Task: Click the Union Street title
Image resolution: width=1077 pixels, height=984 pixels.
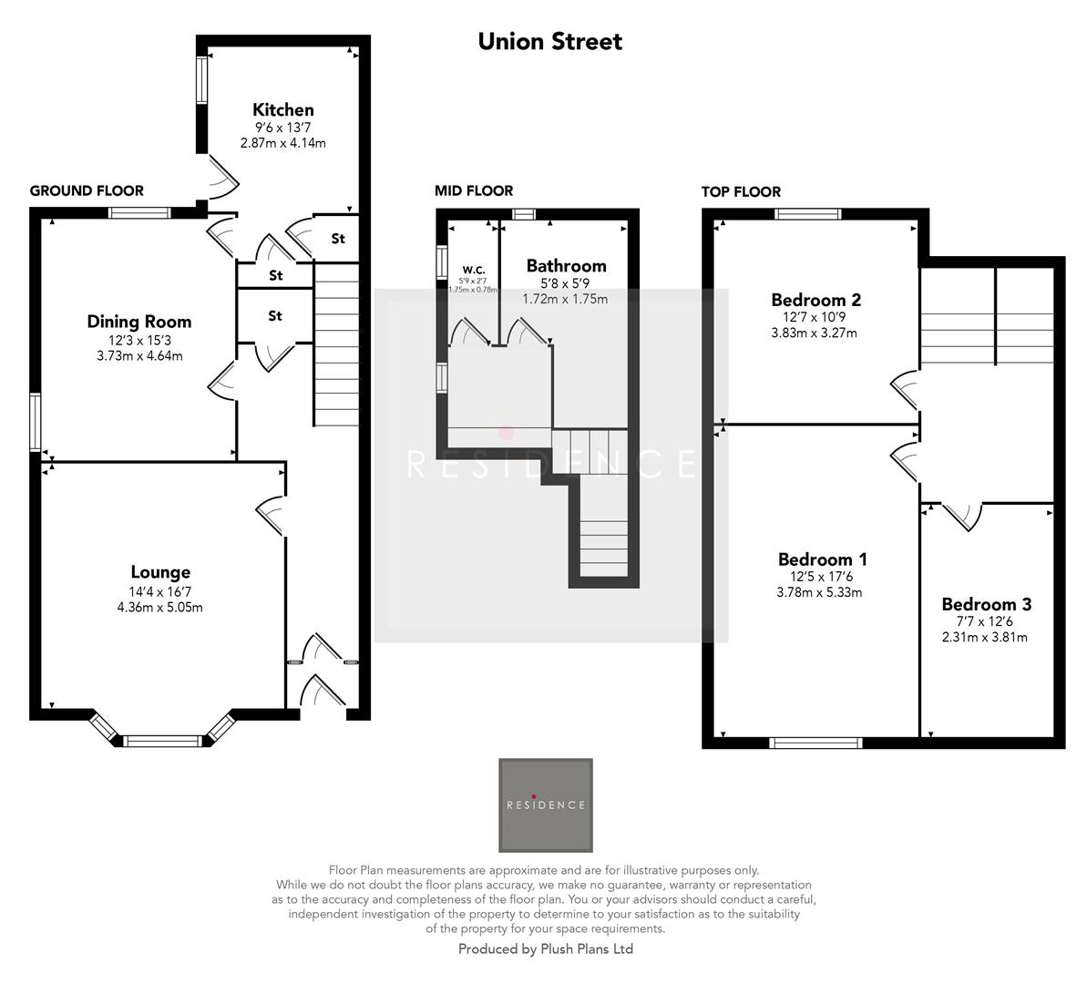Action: click(x=550, y=41)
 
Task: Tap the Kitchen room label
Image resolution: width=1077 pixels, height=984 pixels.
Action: click(x=282, y=110)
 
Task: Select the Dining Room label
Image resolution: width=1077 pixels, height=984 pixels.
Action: click(x=139, y=322)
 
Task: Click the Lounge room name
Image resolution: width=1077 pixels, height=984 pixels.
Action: click(x=160, y=572)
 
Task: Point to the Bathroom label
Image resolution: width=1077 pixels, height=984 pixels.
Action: click(x=566, y=266)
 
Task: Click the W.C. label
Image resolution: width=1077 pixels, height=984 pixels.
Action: click(x=473, y=270)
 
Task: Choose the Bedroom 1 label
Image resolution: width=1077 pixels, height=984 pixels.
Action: click(x=822, y=559)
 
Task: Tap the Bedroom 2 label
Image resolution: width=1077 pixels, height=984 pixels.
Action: click(x=815, y=300)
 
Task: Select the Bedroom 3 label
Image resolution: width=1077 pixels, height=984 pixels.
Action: click(x=986, y=604)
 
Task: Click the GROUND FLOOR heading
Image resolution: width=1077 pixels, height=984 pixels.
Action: click(x=87, y=190)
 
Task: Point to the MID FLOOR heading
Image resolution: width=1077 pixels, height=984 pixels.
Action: click(x=474, y=190)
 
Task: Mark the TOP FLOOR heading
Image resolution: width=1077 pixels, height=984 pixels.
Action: click(x=741, y=191)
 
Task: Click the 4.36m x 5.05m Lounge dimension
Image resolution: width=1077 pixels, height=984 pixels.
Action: click(x=160, y=607)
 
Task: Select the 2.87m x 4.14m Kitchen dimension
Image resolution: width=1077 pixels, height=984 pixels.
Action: click(x=282, y=143)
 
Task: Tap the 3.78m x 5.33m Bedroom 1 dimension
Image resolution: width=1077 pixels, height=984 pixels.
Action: click(x=822, y=592)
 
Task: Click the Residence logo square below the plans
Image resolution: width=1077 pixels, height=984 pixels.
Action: click(x=546, y=805)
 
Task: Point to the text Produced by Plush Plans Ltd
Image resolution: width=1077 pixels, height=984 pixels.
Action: click(x=545, y=949)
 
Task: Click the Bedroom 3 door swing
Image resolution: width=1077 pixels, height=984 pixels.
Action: click(x=961, y=516)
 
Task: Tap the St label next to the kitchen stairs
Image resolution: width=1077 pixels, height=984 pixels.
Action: click(x=338, y=239)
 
